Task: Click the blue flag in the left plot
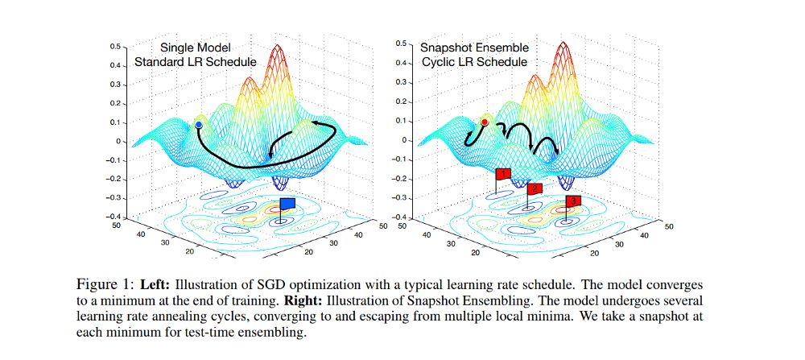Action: click(287, 203)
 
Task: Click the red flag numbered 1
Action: click(503, 173)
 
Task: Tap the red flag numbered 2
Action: click(534, 188)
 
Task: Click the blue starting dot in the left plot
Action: click(198, 125)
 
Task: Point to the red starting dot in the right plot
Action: click(485, 122)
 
